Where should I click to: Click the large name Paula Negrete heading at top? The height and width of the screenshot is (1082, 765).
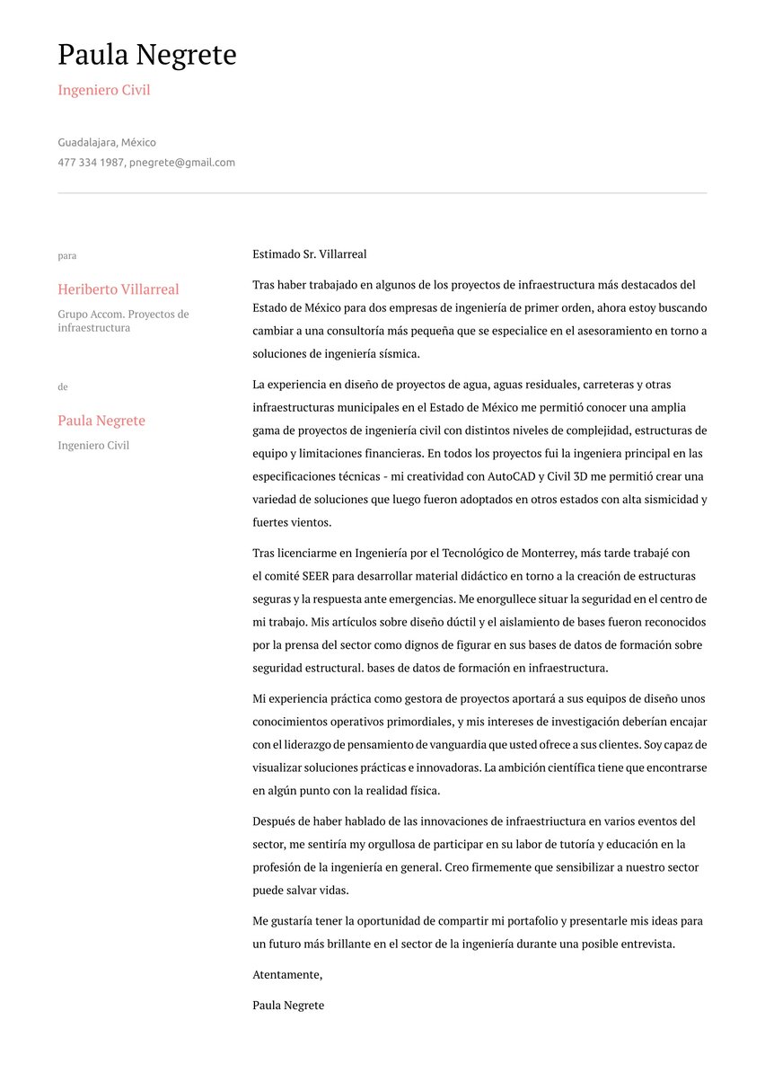[x=147, y=56]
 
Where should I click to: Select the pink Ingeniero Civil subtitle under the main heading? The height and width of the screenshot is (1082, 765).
[x=104, y=91]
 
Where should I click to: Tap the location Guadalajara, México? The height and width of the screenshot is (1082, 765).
[x=107, y=143]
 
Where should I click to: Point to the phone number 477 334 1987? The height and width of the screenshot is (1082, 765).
[x=91, y=163]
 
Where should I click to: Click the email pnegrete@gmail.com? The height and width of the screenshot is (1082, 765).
[x=181, y=163]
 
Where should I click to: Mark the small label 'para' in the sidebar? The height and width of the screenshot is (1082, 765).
[x=67, y=256]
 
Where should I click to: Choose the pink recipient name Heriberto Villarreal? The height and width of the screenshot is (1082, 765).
[x=119, y=289]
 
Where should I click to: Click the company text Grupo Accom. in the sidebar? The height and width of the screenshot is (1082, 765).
[x=85, y=315]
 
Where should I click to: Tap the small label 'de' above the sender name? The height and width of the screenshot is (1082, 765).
[x=63, y=387]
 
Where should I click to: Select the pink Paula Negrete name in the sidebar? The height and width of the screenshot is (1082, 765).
[x=101, y=421]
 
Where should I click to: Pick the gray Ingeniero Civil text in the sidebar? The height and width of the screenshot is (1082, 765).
[x=93, y=446]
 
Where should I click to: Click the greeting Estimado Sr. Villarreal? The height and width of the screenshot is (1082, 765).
[x=310, y=255]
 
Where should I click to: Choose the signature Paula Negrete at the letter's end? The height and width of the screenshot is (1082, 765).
[x=288, y=1006]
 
